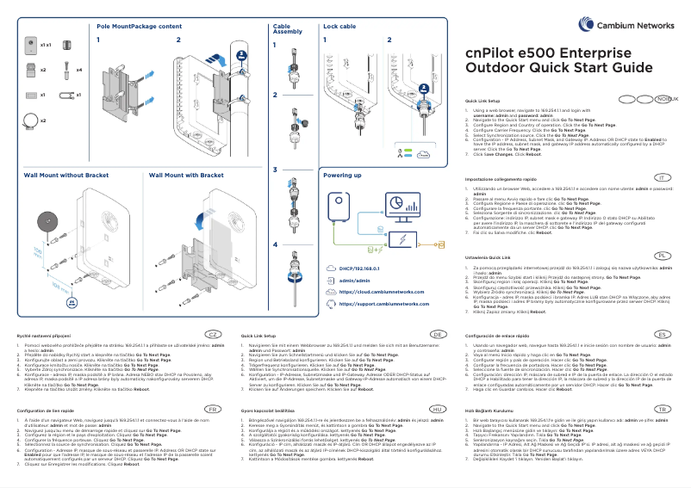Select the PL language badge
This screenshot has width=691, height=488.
pos(662,232)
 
